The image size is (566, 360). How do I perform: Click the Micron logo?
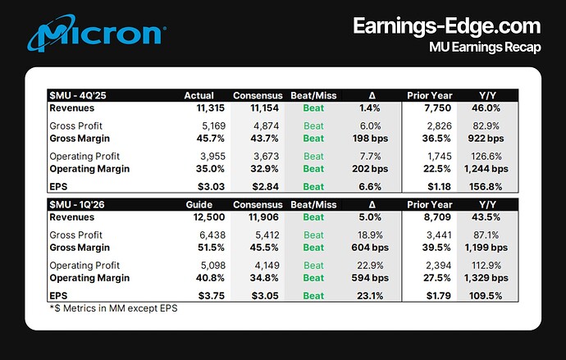[x=96, y=33]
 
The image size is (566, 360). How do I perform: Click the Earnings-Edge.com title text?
[x=447, y=26]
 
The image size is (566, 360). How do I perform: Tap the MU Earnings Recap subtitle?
[x=485, y=48]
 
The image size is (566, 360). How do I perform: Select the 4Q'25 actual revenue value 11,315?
[x=211, y=108]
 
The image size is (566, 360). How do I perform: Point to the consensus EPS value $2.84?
[x=265, y=187]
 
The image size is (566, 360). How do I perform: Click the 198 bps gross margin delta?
[x=370, y=139]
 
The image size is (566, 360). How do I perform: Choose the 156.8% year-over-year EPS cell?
[x=486, y=187]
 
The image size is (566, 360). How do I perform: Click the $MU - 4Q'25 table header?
[x=78, y=96]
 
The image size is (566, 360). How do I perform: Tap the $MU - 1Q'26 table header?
[x=77, y=205]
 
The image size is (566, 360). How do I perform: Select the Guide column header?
[x=199, y=205]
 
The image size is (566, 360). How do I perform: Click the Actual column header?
[x=199, y=96]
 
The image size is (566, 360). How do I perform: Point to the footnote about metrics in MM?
[x=114, y=308]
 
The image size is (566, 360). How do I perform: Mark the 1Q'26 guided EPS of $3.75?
[x=212, y=296]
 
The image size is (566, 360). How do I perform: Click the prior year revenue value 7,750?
[x=437, y=108]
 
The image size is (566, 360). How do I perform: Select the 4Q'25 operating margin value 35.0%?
[x=210, y=169]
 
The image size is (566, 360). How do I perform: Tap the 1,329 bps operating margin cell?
[x=486, y=278]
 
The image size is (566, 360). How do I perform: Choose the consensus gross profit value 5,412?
[x=267, y=235]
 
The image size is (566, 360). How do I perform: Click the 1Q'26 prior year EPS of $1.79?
[x=439, y=296]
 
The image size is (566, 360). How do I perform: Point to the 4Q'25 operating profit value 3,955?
[x=213, y=157]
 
